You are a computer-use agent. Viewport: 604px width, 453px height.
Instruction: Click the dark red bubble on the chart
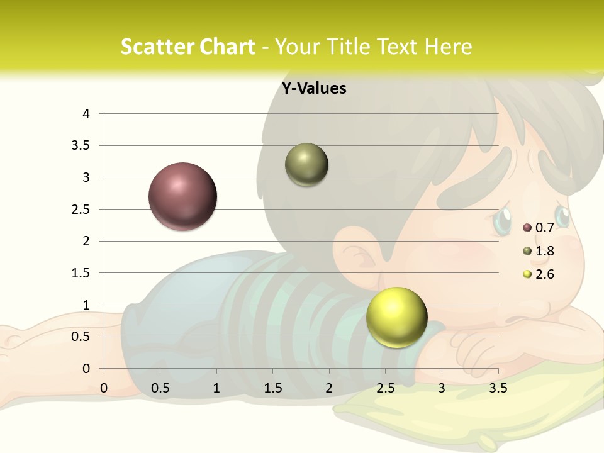tap(182, 196)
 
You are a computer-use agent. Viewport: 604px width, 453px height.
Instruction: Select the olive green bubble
tap(306, 165)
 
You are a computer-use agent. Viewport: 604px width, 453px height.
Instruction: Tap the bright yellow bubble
tap(396, 317)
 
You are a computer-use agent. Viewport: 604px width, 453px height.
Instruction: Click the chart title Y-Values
tap(313, 89)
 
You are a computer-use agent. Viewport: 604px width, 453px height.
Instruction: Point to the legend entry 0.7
tap(544, 227)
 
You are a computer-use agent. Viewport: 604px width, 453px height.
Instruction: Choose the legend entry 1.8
tap(544, 251)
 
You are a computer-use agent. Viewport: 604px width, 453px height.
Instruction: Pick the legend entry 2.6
tap(544, 274)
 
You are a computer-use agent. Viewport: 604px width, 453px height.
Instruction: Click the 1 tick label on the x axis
tap(216, 388)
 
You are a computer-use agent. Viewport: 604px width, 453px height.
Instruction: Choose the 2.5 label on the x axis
tap(385, 388)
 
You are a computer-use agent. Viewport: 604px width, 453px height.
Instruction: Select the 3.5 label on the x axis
tap(498, 388)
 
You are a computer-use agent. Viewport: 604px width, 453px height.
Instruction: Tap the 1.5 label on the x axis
tap(272, 388)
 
